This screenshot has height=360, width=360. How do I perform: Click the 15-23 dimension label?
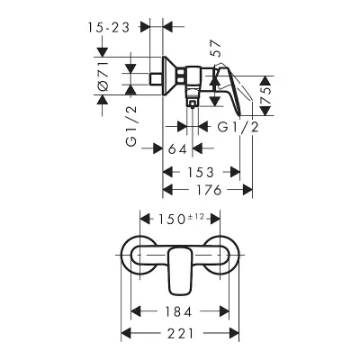pos(109,28)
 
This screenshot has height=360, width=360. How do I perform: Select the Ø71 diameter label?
pos(103,76)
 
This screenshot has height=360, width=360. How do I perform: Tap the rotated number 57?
pos(215,49)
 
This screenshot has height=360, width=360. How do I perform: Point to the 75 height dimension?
pos(265,96)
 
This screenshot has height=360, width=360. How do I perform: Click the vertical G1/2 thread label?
pos(131,126)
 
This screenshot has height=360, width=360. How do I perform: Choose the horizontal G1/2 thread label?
pos(238,128)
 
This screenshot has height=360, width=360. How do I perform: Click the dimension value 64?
pos(177,148)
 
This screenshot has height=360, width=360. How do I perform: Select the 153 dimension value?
pos(201,173)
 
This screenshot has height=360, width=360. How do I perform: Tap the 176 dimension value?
pos(209,190)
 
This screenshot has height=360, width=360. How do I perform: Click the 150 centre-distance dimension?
pos(171,220)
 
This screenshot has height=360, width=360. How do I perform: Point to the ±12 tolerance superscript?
pos(196,216)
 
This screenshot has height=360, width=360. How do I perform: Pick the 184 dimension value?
pos(178,312)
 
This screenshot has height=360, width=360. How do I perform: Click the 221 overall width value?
pos(181,334)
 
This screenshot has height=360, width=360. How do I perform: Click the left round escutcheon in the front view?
pos(130,255)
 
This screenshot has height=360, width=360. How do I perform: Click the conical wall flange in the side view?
pos(168,76)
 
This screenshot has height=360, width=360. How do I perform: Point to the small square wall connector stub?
pos(156,79)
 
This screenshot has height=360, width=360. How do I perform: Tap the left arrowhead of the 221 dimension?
pos(126,334)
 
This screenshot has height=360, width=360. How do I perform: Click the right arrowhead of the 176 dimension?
pos(247,190)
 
